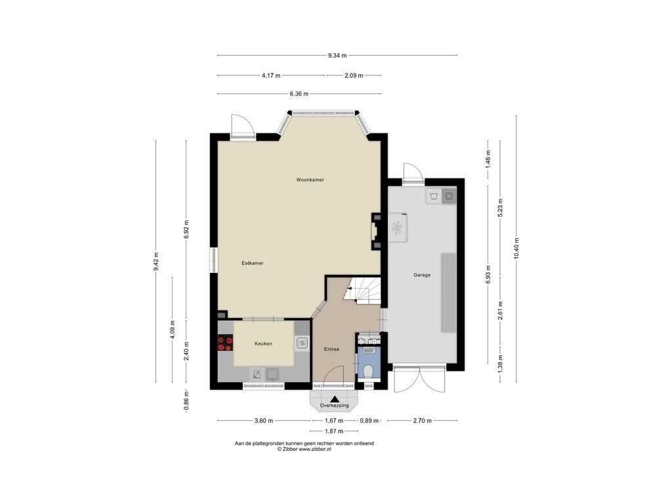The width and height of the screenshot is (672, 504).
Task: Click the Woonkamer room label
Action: (x=310, y=180)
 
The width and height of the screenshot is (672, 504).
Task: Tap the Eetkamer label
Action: (x=253, y=263)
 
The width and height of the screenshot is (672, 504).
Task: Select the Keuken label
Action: (x=263, y=344)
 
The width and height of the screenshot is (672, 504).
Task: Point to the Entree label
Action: (x=331, y=349)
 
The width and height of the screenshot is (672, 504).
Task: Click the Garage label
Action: (x=422, y=275)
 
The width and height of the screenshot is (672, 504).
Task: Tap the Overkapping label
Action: (x=334, y=406)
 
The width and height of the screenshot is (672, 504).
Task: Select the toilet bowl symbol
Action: (x=367, y=370)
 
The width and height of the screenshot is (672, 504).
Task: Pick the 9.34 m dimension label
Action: (x=337, y=55)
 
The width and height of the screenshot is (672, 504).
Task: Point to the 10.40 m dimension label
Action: (x=516, y=248)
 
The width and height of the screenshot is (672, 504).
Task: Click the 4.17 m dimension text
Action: (x=271, y=75)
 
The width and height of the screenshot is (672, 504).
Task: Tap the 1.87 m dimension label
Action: (x=334, y=431)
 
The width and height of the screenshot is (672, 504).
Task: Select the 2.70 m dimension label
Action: (x=422, y=421)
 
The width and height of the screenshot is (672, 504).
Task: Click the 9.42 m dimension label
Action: (x=156, y=261)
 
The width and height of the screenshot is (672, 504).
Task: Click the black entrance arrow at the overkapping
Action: (x=335, y=398)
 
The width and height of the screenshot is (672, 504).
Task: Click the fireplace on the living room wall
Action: (x=375, y=232)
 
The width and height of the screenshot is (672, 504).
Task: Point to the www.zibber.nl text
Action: (x=315, y=449)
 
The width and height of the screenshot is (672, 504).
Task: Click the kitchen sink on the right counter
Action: (x=302, y=343)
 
